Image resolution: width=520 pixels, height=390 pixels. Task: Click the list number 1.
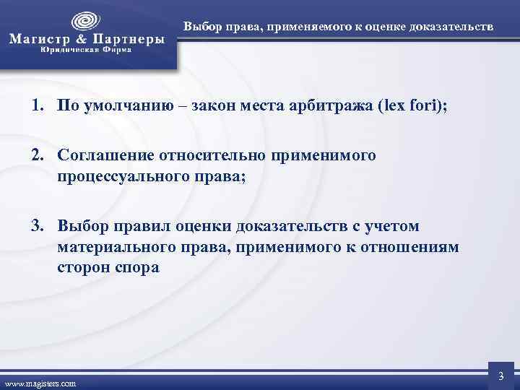pyautogui.click(x=35, y=107)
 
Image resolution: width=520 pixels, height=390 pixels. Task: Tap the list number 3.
pyautogui.click(x=35, y=227)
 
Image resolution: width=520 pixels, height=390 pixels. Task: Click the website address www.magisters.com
pyautogui.click(x=40, y=383)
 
